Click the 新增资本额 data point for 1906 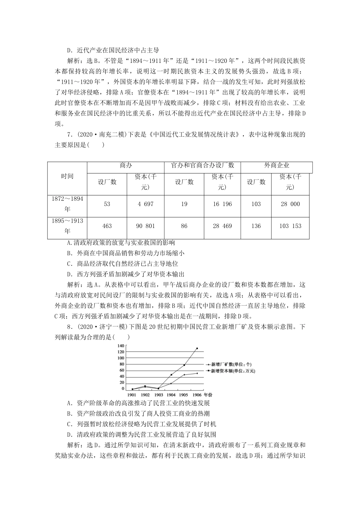coord(197,348)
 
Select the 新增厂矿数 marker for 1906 coord(197,373)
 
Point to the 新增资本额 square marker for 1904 coord(171,375)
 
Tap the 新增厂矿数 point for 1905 coord(184,375)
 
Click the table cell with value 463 coord(107,226)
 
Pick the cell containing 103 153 coord(290,226)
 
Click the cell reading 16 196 coord(222,204)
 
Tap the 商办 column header coord(125,166)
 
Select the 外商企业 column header coord(277,166)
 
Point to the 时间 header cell coord(67,176)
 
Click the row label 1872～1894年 coord(67,204)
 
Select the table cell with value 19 coord(184,204)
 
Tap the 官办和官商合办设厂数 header coord(202,166)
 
